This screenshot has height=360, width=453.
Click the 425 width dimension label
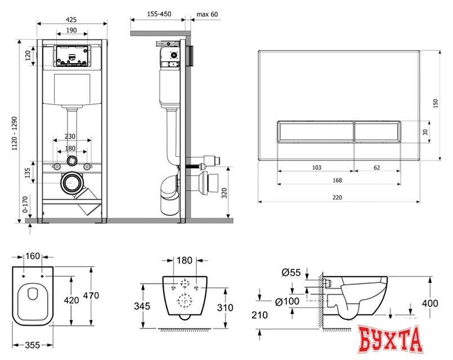point(71,19)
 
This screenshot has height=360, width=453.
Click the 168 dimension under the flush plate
point(338,180)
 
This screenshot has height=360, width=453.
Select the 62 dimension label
point(376,167)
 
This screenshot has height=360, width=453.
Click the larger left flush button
point(315,132)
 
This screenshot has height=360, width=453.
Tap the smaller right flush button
point(376,132)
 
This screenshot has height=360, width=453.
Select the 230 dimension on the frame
point(71,137)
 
